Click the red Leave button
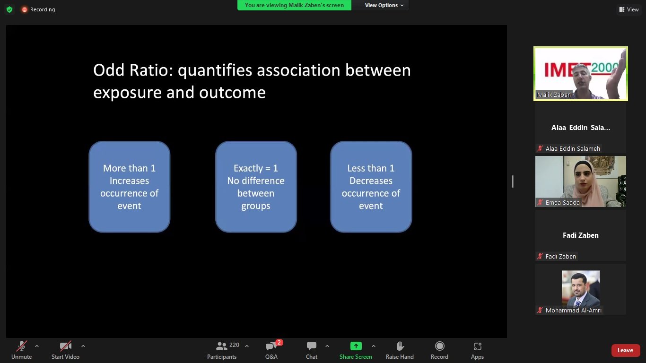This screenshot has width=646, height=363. [x=625, y=350]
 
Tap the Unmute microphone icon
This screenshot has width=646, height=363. [x=22, y=346]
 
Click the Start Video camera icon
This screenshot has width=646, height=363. [x=65, y=346]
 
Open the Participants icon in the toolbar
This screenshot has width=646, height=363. [x=221, y=346]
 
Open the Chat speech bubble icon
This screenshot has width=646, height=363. [x=312, y=346]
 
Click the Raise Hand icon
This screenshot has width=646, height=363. [x=400, y=346]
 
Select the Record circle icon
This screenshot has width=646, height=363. [x=439, y=346]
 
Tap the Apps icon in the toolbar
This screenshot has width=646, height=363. [x=477, y=346]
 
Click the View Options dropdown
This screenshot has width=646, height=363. [x=384, y=5]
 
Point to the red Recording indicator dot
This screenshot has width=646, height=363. [x=25, y=9]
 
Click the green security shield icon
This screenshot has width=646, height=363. [x=9, y=9]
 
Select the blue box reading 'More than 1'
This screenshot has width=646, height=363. [x=129, y=187]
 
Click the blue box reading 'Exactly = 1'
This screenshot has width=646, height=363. [x=256, y=187]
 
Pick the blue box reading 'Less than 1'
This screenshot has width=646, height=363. [x=371, y=187]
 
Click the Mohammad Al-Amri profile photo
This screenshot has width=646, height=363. [x=581, y=288]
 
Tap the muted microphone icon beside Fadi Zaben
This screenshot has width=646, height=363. [x=540, y=256]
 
